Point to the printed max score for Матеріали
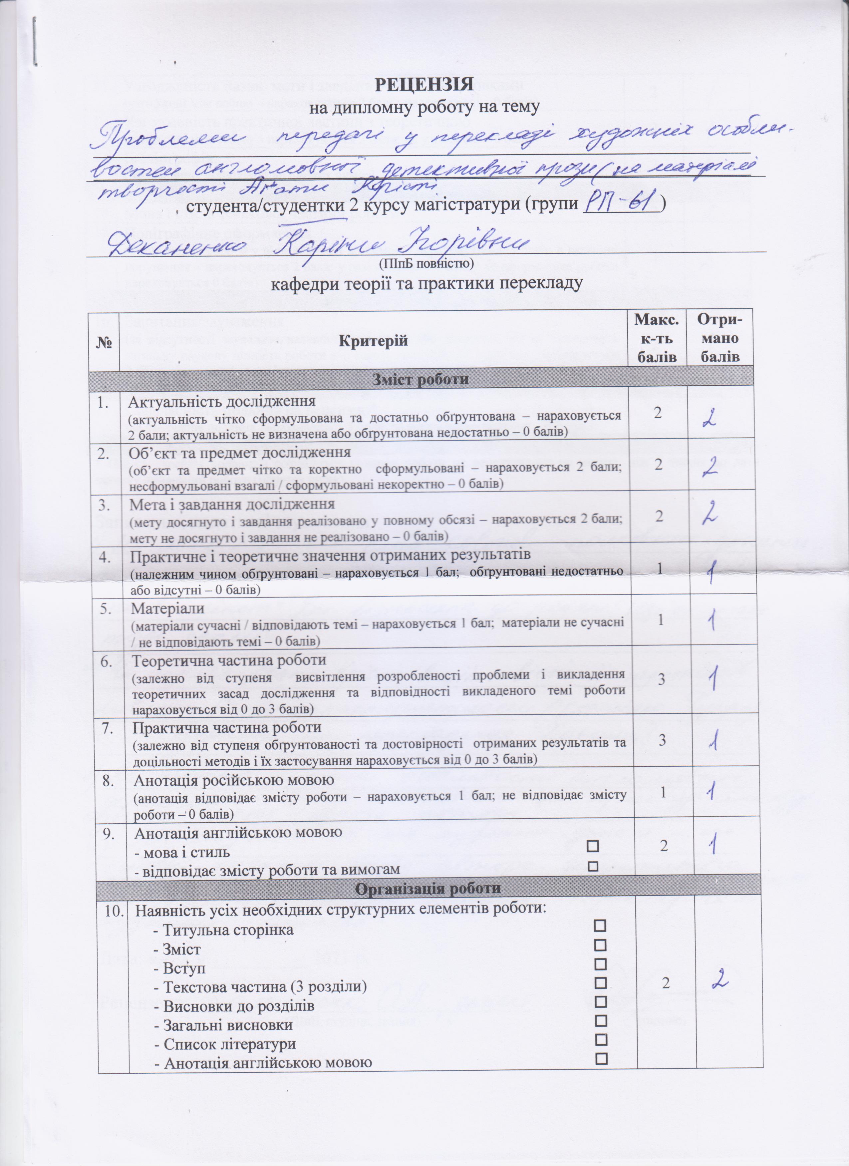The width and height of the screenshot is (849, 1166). [661, 619]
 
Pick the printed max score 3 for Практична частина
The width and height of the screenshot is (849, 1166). [661, 740]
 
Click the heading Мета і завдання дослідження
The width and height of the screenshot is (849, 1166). [232, 504]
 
